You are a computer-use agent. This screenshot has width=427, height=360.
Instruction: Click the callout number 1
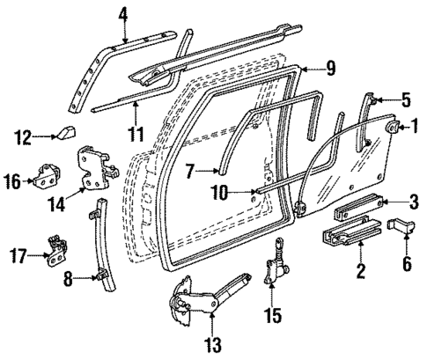pyautogui.click(x=413, y=129)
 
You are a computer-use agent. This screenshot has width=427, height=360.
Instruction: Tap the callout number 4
pyautogui.click(x=124, y=13)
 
